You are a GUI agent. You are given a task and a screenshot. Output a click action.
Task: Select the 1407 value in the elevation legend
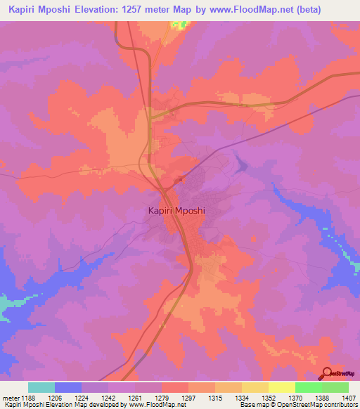click(x=349, y=398)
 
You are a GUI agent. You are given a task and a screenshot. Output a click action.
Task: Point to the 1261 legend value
click(x=135, y=398)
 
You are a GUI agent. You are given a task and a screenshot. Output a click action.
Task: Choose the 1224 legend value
click(x=82, y=398)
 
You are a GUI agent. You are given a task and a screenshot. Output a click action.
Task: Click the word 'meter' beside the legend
click(x=9, y=398)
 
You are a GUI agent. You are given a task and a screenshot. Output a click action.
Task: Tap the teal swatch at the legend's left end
click(x=41, y=387)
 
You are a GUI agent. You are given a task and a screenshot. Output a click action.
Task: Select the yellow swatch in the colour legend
click(x=282, y=387)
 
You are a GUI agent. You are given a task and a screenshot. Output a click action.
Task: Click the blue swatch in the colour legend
click(x=68, y=387)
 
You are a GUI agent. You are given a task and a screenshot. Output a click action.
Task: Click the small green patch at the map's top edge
click(x=181, y=25)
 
